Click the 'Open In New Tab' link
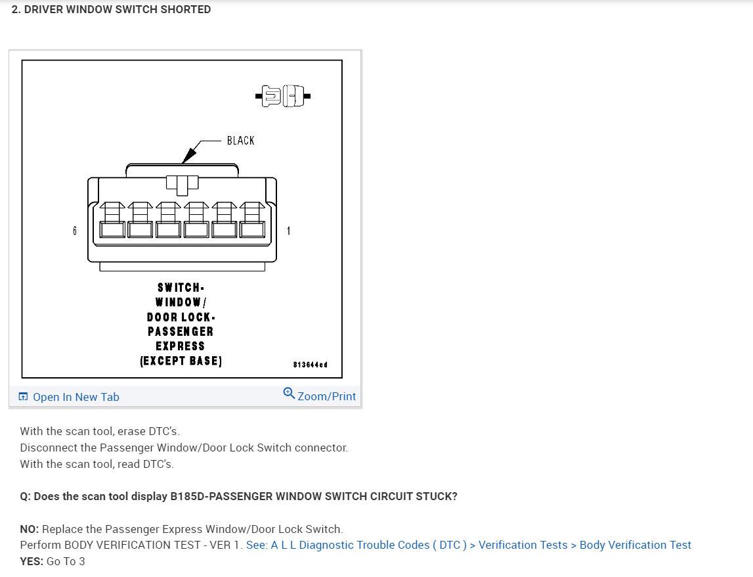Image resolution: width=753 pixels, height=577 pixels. click(x=75, y=397)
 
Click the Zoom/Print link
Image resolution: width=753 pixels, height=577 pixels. click(x=326, y=396)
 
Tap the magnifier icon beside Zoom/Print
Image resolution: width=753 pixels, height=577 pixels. click(x=289, y=393)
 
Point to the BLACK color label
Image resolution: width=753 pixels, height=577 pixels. click(x=240, y=141)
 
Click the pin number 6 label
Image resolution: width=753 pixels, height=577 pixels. click(x=75, y=231)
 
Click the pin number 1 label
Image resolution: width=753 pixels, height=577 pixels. click(x=288, y=231)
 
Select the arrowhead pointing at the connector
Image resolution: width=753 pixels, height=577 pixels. click(x=188, y=156)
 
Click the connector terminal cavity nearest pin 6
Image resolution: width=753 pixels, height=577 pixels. click(x=112, y=229)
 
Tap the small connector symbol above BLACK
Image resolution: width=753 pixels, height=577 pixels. click(x=284, y=97)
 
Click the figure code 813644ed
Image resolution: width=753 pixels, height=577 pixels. click(x=310, y=364)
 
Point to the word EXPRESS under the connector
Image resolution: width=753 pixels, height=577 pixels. click(x=180, y=346)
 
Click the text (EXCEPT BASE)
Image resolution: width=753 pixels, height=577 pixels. click(x=181, y=361)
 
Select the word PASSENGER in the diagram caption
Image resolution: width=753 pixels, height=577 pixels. click(x=180, y=332)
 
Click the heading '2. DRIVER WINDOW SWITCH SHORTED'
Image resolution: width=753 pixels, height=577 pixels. click(x=112, y=10)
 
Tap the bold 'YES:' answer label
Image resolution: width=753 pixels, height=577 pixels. click(x=32, y=561)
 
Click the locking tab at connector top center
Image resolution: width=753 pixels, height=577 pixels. click(x=182, y=183)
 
